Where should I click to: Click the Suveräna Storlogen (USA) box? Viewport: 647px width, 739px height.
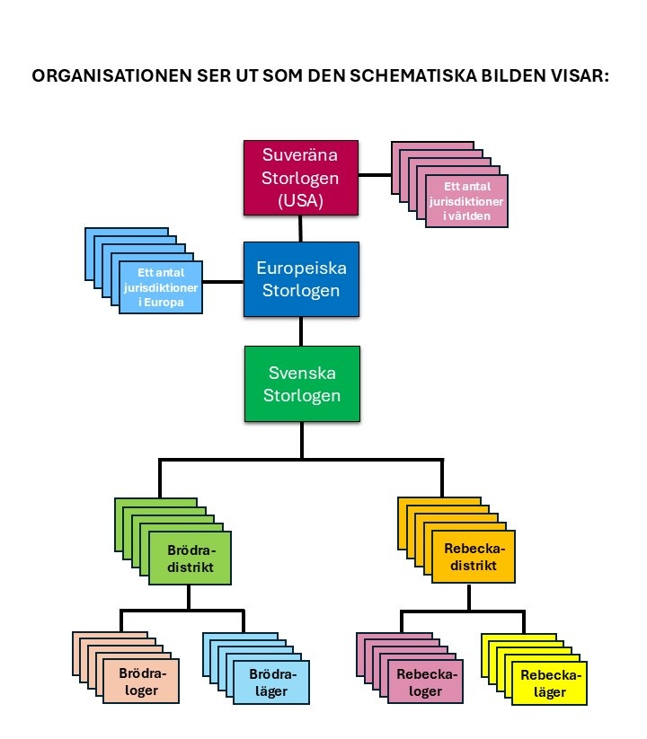(301, 178)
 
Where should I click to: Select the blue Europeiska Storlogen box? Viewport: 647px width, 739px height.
(301, 279)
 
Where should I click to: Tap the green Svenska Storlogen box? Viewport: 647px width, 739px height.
(302, 383)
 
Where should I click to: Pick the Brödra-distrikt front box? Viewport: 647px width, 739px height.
(190, 558)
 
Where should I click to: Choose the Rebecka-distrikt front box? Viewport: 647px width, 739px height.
(474, 557)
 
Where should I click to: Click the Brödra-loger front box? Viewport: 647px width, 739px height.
(141, 681)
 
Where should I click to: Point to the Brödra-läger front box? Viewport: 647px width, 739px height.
(271, 682)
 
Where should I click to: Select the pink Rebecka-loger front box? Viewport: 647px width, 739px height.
(425, 682)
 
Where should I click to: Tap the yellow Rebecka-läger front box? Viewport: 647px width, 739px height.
(549, 683)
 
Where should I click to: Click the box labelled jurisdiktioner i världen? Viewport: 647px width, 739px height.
(467, 201)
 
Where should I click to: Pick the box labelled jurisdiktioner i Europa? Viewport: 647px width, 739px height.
(161, 287)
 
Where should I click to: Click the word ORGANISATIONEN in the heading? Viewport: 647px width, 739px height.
(111, 75)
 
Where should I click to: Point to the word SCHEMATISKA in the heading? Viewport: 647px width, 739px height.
(413, 75)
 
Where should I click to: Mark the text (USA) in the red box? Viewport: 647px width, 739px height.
(300, 201)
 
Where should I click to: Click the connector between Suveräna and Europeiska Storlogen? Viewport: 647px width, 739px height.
(300, 229)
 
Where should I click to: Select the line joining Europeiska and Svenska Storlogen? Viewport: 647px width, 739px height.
(301, 331)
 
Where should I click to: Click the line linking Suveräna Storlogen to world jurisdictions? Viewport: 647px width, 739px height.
(375, 175)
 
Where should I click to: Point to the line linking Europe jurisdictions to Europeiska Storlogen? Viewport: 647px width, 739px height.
(223, 282)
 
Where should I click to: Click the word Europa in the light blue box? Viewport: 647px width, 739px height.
(164, 302)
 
